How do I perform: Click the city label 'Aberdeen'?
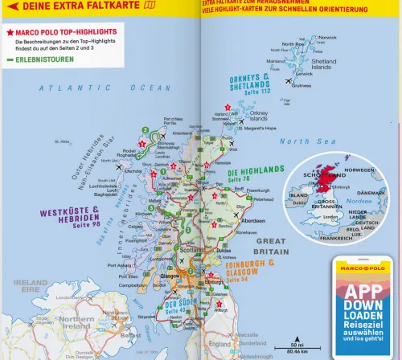pos(254,219)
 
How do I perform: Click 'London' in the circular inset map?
pos(328,216)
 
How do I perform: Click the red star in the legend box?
pos(10,33)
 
